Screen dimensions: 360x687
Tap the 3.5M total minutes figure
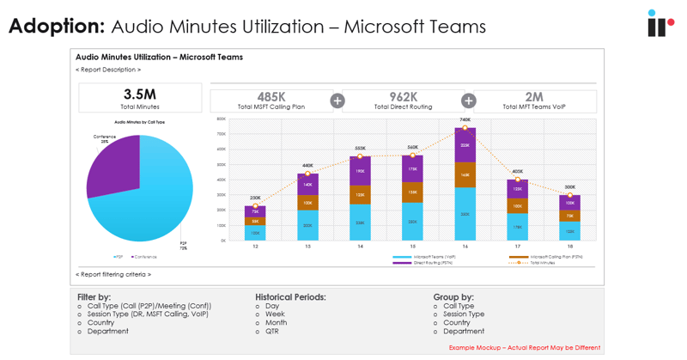140,95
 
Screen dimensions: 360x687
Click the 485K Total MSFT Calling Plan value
271,97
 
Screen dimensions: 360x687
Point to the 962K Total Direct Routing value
403,97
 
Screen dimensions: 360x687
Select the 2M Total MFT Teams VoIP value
534,97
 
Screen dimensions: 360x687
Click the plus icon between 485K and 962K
337,101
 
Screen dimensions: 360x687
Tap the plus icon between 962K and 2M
469,101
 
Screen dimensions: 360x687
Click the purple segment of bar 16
465,146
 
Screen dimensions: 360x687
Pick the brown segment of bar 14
360,195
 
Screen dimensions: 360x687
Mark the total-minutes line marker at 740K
465,129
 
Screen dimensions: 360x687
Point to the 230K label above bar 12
255,198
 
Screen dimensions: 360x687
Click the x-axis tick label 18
570,247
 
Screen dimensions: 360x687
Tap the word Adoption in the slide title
57,26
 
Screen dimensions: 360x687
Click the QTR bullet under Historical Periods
272,331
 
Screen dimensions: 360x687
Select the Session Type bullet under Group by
464,314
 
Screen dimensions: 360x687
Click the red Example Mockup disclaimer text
525,348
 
